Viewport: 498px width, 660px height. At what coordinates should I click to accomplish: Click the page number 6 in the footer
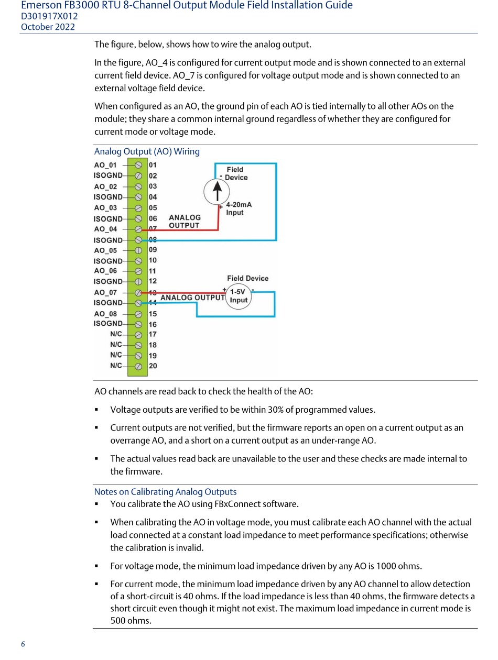point(23,644)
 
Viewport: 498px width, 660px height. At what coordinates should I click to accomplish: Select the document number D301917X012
point(49,16)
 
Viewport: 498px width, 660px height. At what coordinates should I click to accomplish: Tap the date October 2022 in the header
point(48,27)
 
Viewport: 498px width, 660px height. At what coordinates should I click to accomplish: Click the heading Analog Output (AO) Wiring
point(147,151)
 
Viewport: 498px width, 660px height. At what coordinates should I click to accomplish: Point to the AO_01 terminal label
point(105,165)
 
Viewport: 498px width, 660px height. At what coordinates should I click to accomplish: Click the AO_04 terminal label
point(105,229)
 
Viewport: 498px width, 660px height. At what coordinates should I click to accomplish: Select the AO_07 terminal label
point(105,292)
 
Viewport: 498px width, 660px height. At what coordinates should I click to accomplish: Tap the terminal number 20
point(153,366)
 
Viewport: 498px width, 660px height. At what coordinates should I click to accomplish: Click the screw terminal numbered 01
point(138,165)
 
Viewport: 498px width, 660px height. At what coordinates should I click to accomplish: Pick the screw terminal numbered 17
point(138,335)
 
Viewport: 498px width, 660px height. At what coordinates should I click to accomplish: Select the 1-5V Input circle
point(239,296)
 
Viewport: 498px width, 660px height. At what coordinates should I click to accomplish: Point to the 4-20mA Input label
point(238,208)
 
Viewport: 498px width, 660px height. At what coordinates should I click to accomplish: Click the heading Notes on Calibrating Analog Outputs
point(165,491)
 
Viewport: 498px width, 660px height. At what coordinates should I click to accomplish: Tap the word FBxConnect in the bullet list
point(238,504)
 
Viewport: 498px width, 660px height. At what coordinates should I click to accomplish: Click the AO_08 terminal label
point(105,314)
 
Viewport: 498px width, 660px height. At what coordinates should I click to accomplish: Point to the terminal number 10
point(153,260)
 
